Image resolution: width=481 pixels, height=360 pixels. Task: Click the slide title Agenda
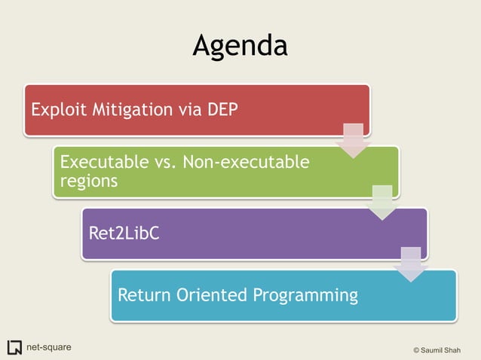[x=240, y=46]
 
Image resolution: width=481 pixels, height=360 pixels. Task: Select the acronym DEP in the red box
[x=222, y=110]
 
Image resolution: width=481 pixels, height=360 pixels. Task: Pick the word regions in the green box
[x=88, y=181]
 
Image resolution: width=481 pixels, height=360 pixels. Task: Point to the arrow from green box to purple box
[x=382, y=203]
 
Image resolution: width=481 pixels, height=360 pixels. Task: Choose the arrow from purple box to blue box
[x=411, y=264]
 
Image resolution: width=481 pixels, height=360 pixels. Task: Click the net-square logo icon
[x=14, y=347]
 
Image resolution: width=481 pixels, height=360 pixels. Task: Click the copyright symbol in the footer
[x=417, y=350]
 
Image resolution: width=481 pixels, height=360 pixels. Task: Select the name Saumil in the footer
[x=436, y=350]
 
